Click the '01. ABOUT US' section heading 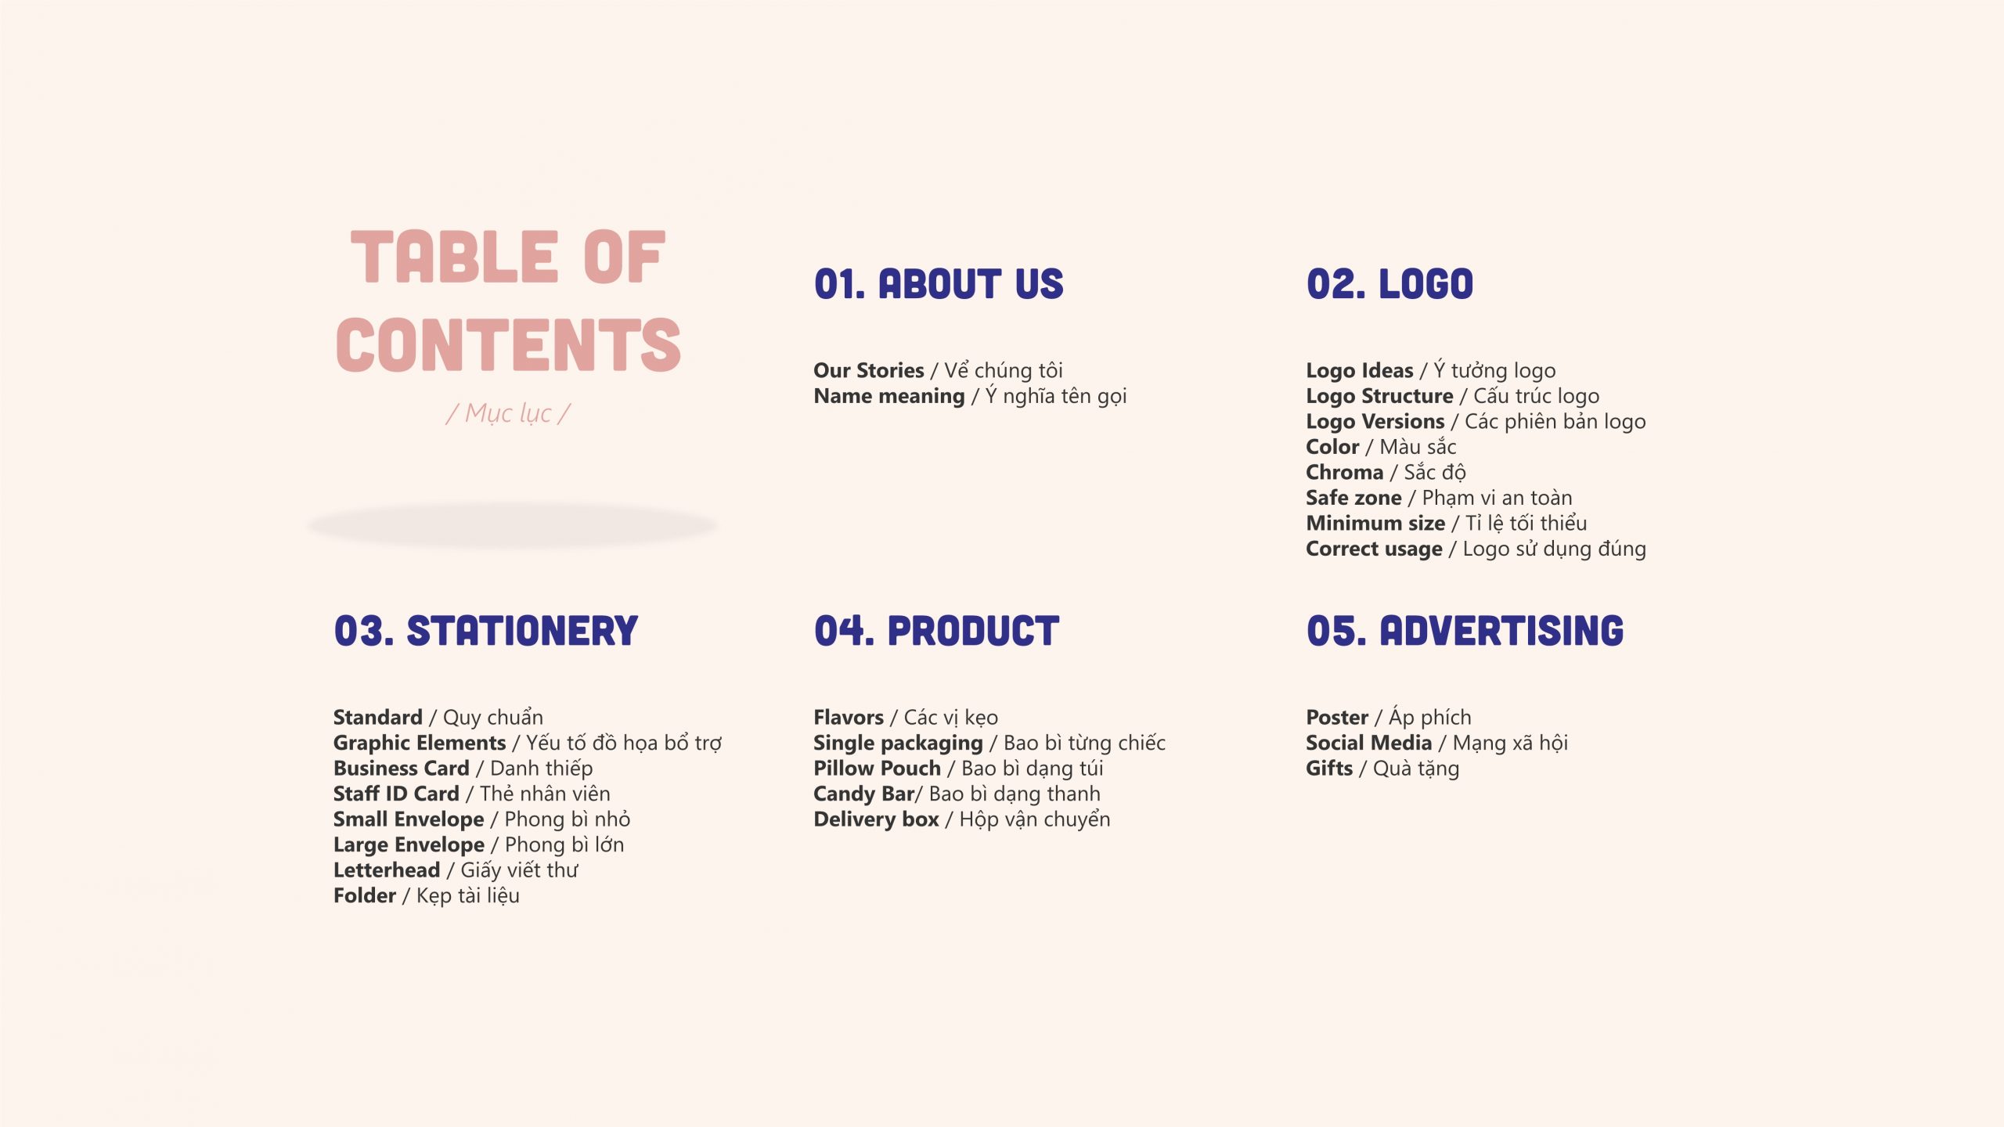click(x=939, y=283)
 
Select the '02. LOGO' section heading click(x=1389, y=283)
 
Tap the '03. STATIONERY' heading click(x=486, y=631)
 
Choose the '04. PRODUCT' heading click(x=936, y=631)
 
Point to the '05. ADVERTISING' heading click(x=1465, y=631)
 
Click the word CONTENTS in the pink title click(x=508, y=344)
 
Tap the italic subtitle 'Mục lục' click(x=508, y=412)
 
